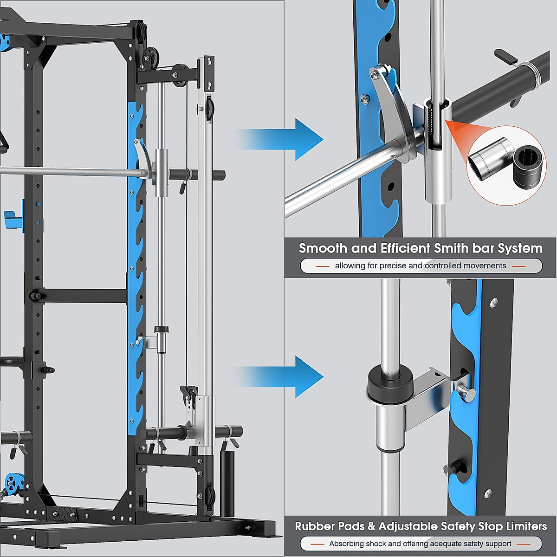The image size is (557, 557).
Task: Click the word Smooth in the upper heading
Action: [x=323, y=248]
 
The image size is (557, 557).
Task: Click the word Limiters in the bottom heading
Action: [x=526, y=526]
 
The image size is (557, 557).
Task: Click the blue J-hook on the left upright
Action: [x=11, y=218]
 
